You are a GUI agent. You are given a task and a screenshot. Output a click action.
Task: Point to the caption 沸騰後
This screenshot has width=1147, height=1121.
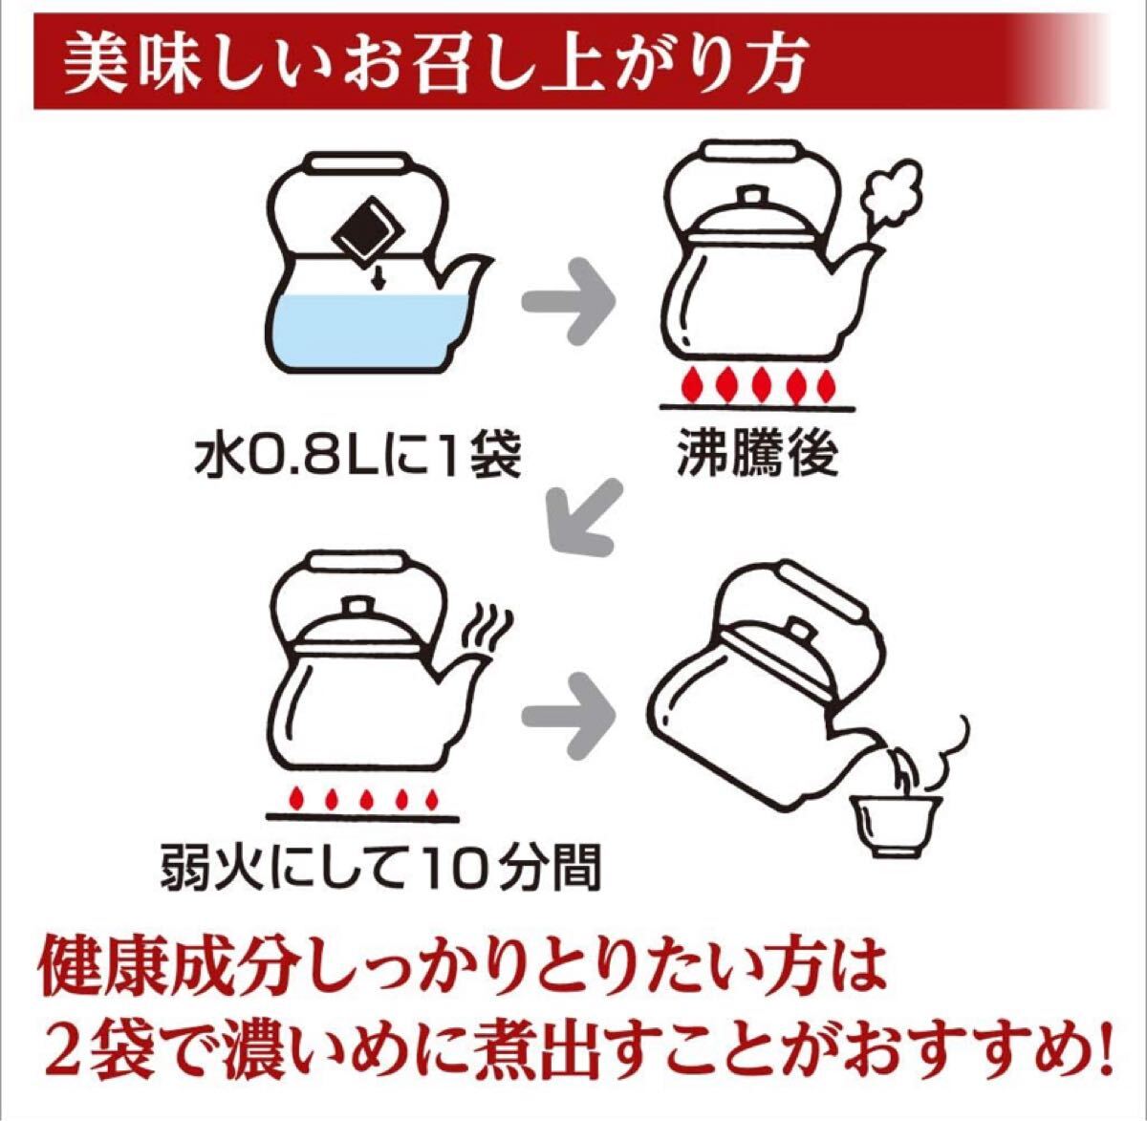coord(757,454)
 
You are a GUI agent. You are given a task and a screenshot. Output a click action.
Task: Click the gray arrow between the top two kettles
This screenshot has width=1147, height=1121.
coord(572,304)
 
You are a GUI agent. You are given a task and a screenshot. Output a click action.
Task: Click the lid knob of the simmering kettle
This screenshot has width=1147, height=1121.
coord(358,608)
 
